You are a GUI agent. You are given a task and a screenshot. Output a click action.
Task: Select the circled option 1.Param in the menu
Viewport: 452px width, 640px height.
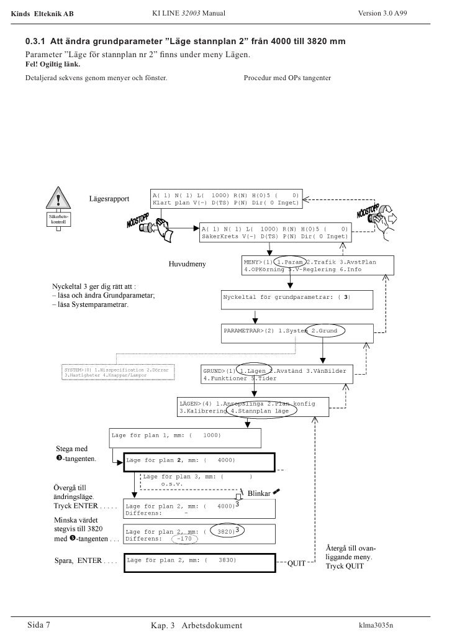(x=291, y=262)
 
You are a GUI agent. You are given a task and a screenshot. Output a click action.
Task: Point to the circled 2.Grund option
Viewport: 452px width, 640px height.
(x=324, y=331)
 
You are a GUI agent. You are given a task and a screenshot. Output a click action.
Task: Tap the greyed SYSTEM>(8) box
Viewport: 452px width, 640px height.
(x=118, y=373)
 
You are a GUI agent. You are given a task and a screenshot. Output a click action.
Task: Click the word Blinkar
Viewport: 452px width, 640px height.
(x=259, y=493)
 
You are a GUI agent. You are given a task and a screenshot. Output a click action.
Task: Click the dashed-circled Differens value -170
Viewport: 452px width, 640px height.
(x=184, y=539)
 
